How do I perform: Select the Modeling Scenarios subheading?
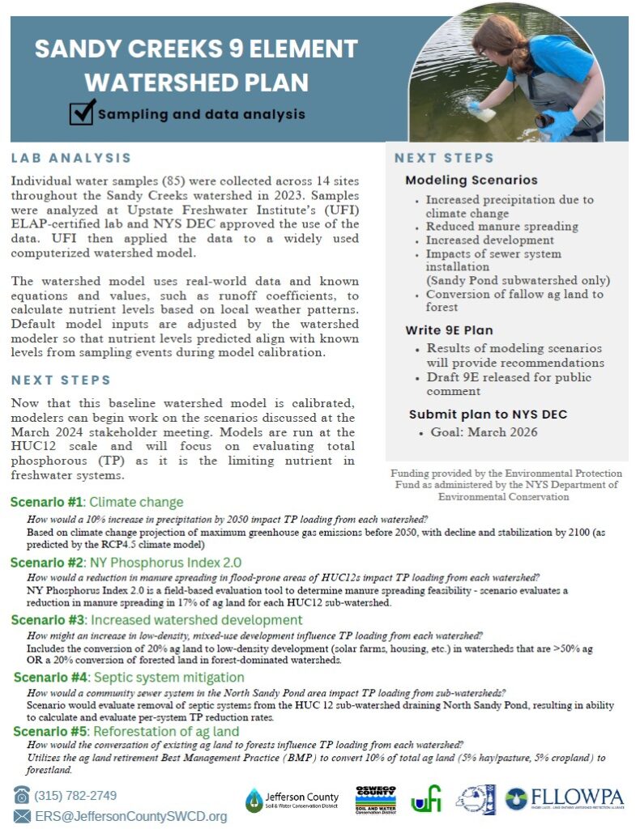(x=471, y=180)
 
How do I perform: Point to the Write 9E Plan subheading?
(x=448, y=330)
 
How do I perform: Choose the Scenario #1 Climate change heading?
(x=96, y=502)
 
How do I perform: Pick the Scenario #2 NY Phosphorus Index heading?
(x=126, y=562)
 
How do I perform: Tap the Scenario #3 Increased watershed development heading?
(x=156, y=620)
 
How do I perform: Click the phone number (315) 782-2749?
(x=76, y=795)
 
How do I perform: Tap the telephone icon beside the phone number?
(x=22, y=795)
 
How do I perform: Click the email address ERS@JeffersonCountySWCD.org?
(x=130, y=816)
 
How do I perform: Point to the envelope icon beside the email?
(x=22, y=816)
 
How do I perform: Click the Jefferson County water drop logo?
(x=254, y=800)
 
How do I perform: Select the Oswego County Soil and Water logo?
(x=375, y=800)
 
